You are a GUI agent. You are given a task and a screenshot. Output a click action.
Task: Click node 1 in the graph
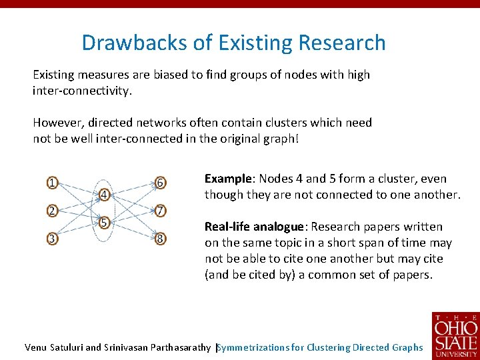point(52,182)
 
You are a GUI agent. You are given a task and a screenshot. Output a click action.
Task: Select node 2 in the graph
point(52,211)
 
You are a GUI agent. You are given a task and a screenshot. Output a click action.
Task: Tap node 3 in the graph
point(52,237)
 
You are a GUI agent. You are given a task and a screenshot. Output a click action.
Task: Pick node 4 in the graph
point(105,195)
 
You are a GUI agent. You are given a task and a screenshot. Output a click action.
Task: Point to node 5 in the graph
point(105,223)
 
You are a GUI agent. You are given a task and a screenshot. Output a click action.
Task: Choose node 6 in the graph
point(160,182)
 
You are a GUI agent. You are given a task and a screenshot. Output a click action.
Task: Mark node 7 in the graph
point(160,211)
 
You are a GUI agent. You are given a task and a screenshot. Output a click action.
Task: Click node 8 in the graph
point(160,237)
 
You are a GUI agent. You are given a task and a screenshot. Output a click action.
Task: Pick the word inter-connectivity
point(82,91)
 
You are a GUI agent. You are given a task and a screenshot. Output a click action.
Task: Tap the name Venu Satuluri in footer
point(53,347)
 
